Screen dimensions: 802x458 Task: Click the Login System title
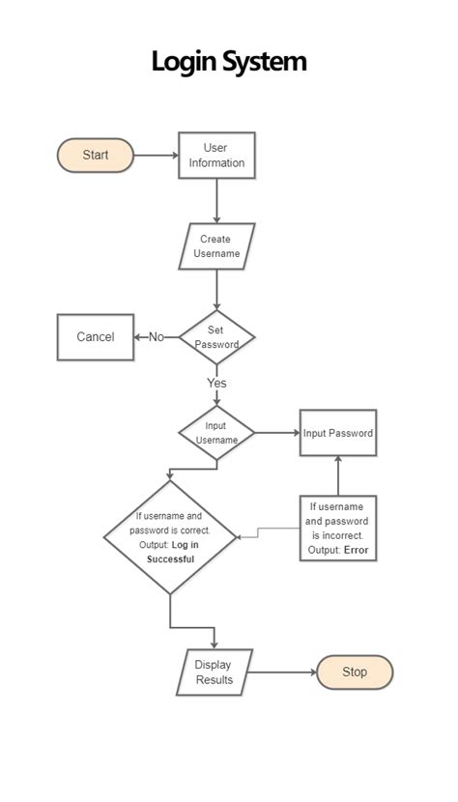[229, 62]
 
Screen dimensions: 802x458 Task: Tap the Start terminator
[95, 155]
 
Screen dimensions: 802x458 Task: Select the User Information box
[215, 156]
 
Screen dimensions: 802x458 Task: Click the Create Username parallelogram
[215, 246]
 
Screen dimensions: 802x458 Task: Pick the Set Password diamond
[216, 336]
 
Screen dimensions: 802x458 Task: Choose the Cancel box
[96, 337]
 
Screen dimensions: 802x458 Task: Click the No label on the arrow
[156, 337]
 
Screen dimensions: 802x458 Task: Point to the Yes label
[216, 383]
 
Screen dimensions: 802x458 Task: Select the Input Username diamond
[216, 432]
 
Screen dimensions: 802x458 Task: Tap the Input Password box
[337, 433]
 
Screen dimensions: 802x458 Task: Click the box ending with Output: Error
[337, 529]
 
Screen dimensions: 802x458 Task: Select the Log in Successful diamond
[170, 537]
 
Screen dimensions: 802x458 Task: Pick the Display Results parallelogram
[215, 672]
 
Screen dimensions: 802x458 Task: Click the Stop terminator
[355, 672]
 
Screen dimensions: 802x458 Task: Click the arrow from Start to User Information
[156, 155]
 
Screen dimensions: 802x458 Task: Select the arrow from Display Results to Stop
[284, 672]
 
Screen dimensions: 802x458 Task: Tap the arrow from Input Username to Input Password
[276, 433]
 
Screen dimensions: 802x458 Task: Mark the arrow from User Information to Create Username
[216, 201]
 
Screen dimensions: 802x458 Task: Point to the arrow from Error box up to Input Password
[337, 475]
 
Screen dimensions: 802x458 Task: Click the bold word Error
[356, 551]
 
